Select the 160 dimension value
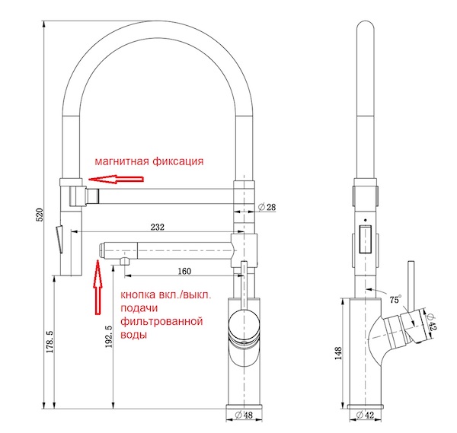[x=184, y=269]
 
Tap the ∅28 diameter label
[x=267, y=208]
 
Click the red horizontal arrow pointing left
[x=114, y=180]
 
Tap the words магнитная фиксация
[x=149, y=161]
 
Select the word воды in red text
[x=133, y=335]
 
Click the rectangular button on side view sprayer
[x=365, y=239]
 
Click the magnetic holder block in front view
[x=77, y=194]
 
